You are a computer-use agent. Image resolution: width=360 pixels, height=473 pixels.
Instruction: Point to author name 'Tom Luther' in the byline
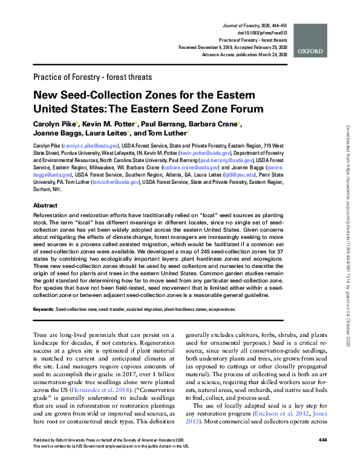[x=166, y=133]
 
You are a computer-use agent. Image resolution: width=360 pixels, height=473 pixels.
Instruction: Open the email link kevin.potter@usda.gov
[x=200, y=154]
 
